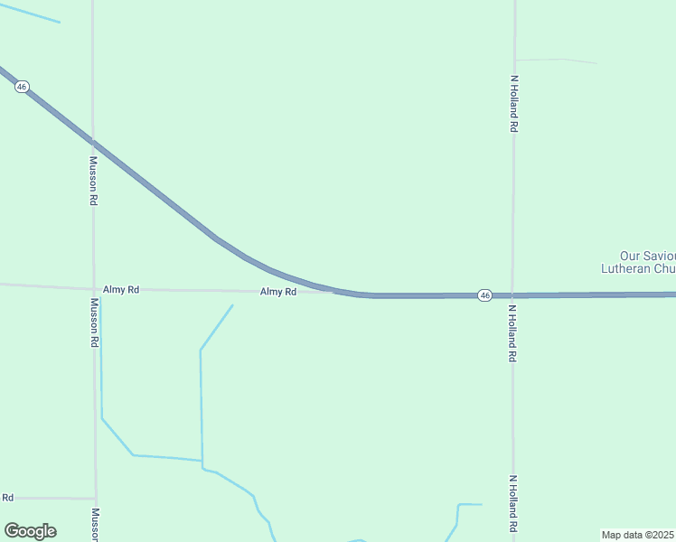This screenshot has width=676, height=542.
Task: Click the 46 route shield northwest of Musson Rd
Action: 22,86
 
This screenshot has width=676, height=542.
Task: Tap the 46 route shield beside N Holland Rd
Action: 485,295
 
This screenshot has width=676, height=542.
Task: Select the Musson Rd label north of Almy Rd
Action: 92,181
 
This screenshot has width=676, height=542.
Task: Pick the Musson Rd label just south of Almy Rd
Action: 93,322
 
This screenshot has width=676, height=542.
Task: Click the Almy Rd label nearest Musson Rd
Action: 121,289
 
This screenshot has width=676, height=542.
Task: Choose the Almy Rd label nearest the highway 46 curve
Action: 278,292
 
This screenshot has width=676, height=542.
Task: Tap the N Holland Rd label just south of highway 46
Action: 512,333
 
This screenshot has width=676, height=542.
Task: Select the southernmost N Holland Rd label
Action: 512,503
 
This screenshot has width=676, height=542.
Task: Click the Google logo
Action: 31,530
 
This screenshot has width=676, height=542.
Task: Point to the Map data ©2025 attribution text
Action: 638,535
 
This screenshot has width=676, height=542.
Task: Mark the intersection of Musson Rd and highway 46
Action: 92,142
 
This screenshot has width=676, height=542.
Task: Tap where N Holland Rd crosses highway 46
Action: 512,294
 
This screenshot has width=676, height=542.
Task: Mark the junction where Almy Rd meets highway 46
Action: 336,291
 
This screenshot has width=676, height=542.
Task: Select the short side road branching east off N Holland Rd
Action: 555,61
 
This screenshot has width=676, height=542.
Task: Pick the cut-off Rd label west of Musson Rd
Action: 8,498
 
